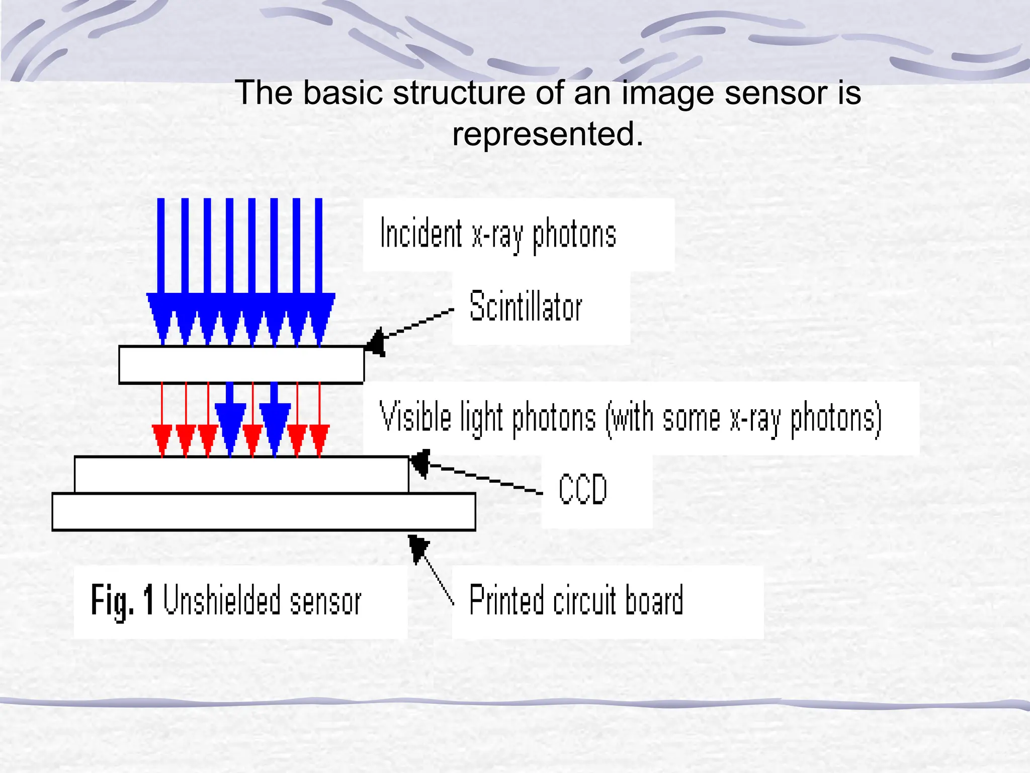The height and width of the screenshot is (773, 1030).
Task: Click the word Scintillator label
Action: click(x=526, y=306)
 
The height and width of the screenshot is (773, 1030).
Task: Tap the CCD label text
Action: click(x=583, y=489)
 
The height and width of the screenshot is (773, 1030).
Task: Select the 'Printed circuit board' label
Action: click(x=576, y=600)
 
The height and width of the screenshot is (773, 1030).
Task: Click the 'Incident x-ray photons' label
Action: click(x=498, y=235)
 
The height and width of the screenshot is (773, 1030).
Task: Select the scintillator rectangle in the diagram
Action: click(x=241, y=365)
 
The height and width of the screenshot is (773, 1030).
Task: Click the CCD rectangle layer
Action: click(x=241, y=475)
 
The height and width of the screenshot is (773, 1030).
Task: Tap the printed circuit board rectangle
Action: click(x=264, y=512)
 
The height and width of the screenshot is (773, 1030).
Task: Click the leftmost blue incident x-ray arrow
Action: click(x=161, y=272)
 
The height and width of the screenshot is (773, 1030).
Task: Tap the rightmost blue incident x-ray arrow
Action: click(x=319, y=272)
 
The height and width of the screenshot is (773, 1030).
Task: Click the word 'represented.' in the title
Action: click(x=547, y=134)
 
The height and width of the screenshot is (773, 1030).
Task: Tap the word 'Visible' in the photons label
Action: click(x=415, y=417)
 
